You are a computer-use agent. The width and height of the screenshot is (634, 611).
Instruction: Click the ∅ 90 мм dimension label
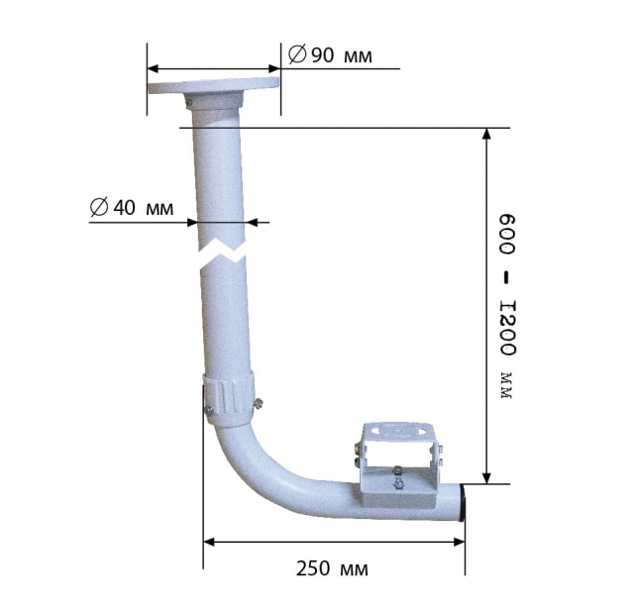(x=330, y=54)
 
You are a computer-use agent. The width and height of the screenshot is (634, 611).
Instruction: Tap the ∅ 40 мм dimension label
(x=132, y=208)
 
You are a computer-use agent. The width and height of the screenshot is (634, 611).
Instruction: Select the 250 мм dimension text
(x=332, y=569)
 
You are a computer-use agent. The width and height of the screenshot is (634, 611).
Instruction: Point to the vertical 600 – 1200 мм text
(x=507, y=307)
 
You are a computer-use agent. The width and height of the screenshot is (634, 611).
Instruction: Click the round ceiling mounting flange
(x=214, y=88)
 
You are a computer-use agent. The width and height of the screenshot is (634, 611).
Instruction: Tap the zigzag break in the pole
(x=222, y=252)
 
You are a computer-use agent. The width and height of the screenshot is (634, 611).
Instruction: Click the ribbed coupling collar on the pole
(x=229, y=399)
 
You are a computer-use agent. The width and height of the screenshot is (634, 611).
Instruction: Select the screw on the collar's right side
(x=258, y=404)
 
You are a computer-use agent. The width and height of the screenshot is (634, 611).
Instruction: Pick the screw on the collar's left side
(x=209, y=410)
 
